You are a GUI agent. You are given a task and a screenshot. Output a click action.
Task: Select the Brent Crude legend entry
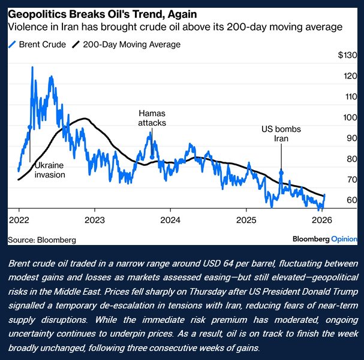pyautogui.click(x=37, y=44)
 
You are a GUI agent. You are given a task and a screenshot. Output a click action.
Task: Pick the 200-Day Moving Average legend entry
pyautogui.click(x=126, y=44)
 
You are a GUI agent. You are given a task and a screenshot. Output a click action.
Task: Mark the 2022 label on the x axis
pyautogui.click(x=19, y=219)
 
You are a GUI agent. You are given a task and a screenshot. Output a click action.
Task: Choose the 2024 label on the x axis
pyautogui.click(x=170, y=219)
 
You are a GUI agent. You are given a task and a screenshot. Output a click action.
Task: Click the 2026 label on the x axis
pyautogui.click(x=322, y=219)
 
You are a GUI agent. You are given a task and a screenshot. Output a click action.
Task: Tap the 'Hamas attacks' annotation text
pyautogui.click(x=152, y=117)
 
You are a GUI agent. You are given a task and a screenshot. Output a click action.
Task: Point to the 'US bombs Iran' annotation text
pyautogui.click(x=281, y=134)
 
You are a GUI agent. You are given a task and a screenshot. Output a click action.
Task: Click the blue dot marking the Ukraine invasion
pyautogui.click(x=30, y=128)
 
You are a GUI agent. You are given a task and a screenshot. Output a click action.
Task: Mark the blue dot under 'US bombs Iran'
pyautogui.click(x=281, y=173)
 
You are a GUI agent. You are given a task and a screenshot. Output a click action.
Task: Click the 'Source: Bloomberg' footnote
pyautogui.click(x=42, y=240)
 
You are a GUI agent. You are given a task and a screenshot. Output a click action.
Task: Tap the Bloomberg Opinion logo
pyautogui.click(x=324, y=239)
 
